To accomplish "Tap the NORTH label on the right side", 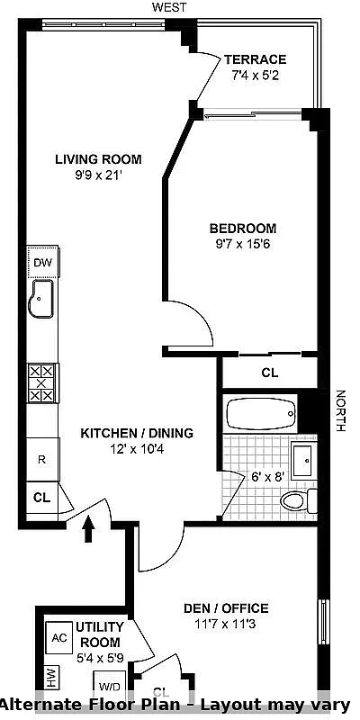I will point(340,410).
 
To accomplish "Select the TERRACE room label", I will point(256,59).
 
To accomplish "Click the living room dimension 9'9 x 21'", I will point(98,175).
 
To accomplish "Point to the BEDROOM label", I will point(243,228).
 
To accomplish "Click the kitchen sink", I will point(41,299).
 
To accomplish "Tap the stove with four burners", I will point(41,382).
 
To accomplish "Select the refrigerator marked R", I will point(41,458).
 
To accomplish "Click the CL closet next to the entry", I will point(41,496).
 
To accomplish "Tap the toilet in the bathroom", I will point(296,501).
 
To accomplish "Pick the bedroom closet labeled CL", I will point(270,372).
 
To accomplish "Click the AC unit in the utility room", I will point(59,637).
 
